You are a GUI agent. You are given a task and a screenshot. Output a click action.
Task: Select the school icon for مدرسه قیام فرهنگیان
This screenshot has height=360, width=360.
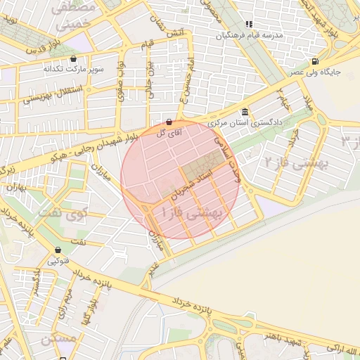[249, 24]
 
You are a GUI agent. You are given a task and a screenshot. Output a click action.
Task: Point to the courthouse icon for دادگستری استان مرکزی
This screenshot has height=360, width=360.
[244, 112]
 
